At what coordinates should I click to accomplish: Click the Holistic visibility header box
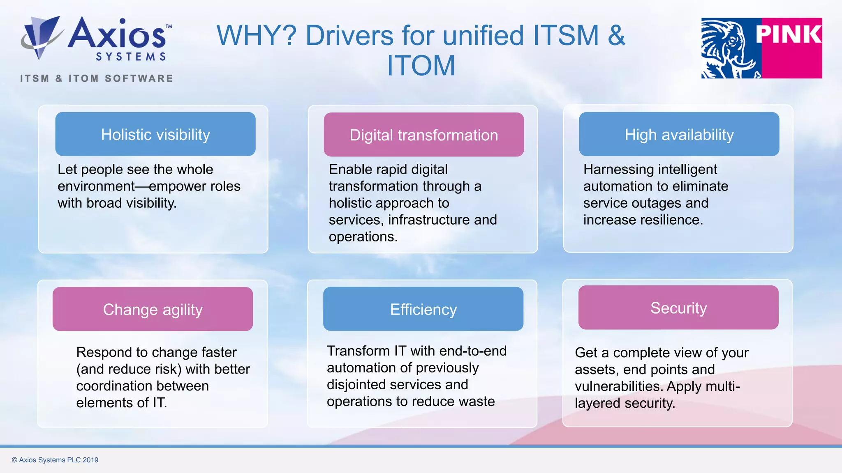(x=155, y=134)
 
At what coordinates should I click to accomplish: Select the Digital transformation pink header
(x=423, y=135)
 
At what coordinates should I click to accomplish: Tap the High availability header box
(x=679, y=134)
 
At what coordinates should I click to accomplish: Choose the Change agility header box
(x=153, y=309)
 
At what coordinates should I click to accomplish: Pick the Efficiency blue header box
(x=423, y=309)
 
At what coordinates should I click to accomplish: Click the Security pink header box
(x=678, y=308)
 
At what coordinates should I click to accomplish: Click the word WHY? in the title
(x=256, y=36)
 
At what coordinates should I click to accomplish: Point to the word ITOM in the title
(x=421, y=66)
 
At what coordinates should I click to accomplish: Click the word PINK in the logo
(x=788, y=34)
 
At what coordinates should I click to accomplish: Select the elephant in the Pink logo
(x=730, y=48)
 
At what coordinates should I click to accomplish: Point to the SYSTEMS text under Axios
(x=131, y=57)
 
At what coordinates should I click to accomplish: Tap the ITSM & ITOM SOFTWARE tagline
(x=97, y=78)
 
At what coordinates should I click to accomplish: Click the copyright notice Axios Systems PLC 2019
(x=55, y=460)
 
